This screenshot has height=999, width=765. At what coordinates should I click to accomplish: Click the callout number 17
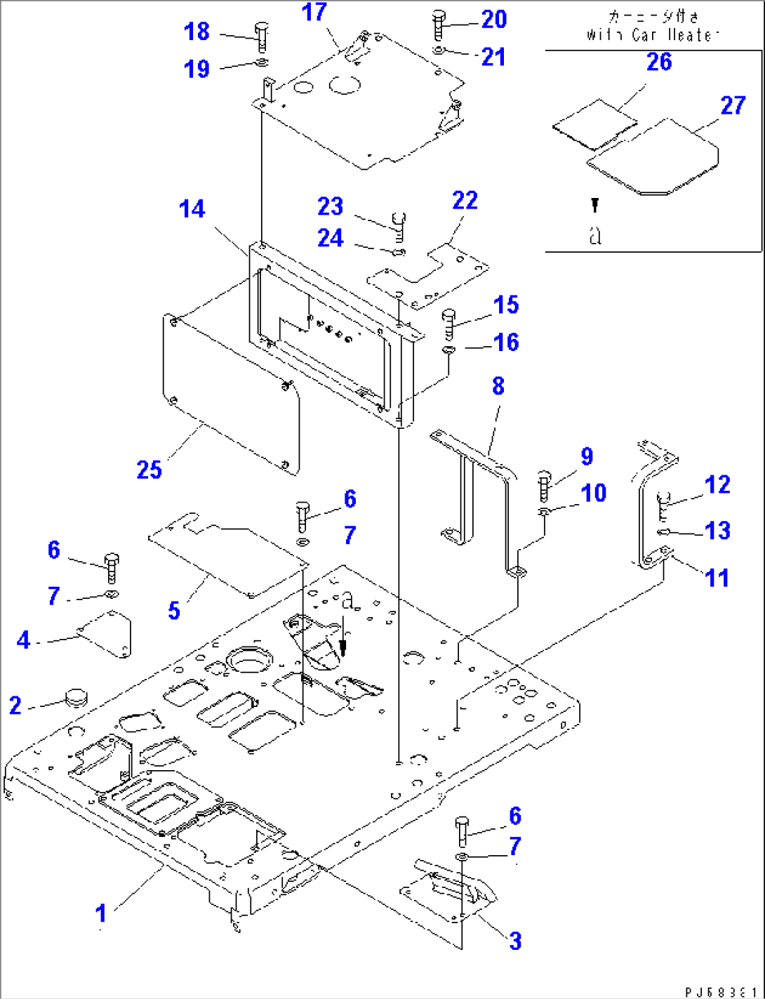click(314, 13)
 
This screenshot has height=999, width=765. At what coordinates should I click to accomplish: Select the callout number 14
click(192, 209)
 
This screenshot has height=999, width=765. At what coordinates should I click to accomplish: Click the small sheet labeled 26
click(594, 125)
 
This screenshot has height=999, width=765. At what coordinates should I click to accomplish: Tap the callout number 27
click(733, 106)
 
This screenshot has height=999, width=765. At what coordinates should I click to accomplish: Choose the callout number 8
click(498, 386)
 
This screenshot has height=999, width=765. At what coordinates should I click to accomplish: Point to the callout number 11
click(717, 578)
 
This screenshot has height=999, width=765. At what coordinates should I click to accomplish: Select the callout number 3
click(515, 941)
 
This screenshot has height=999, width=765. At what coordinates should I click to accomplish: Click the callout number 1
click(101, 913)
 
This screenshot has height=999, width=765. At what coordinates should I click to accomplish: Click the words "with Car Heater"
click(653, 35)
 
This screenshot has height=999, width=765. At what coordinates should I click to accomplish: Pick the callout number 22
click(465, 201)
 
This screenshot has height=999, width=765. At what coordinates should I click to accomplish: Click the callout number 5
click(174, 609)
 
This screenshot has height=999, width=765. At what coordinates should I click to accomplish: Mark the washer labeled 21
click(437, 51)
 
